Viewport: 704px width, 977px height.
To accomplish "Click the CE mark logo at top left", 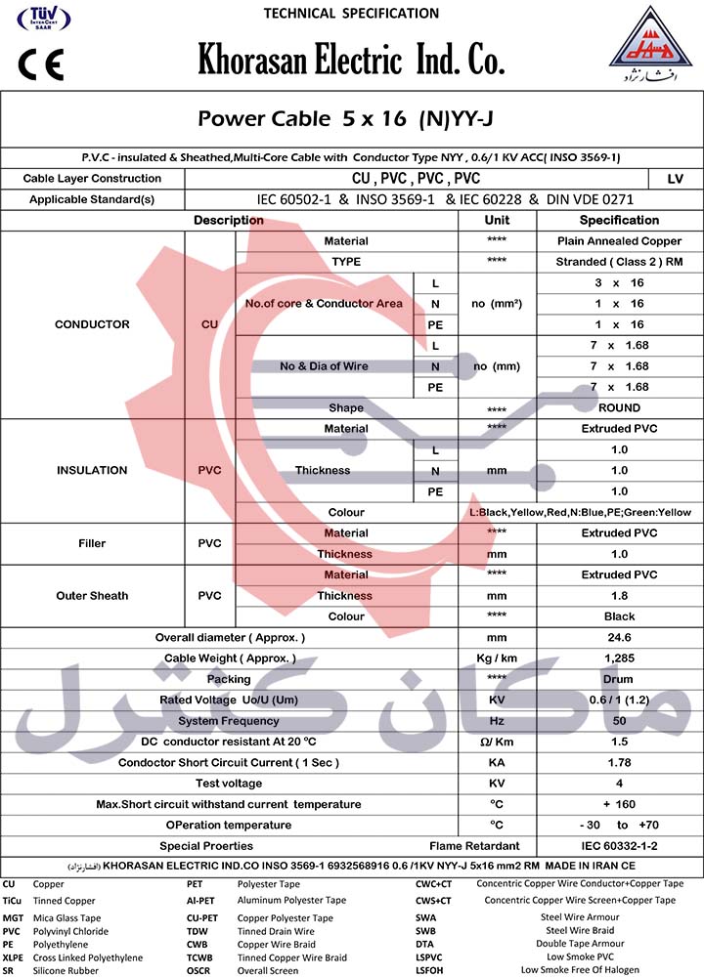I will coord(40,64).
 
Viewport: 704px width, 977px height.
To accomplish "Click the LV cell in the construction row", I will coord(675,179).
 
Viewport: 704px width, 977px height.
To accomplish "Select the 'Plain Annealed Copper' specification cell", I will coord(619,241).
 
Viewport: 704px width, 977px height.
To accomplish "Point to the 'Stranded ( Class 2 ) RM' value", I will coord(619,262).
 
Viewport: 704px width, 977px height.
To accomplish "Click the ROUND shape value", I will coord(619,408).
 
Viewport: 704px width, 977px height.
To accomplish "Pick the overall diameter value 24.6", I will coord(619,638).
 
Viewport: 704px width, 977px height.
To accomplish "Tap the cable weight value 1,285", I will coord(619,658).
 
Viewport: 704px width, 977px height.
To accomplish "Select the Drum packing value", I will coord(619,679).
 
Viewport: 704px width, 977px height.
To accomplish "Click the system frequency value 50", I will coord(619,721).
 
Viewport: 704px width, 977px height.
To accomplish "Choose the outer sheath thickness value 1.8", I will coord(619,596).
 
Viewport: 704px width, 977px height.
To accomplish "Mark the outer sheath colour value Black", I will coord(619,616).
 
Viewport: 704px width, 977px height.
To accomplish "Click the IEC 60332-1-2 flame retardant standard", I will coord(619,846).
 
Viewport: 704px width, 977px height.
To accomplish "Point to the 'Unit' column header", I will coord(497,221).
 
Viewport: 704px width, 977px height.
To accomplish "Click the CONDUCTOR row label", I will coord(92,324).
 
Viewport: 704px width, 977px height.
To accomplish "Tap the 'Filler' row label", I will coord(92,543).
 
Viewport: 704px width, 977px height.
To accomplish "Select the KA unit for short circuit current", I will coord(497,763).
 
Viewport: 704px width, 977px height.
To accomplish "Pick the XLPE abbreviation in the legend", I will coord(13,958).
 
